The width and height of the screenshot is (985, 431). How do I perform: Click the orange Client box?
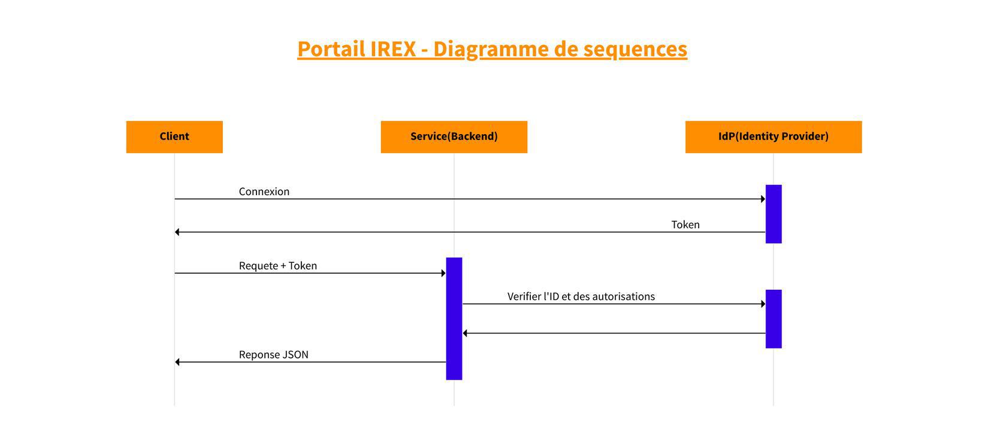coord(174,136)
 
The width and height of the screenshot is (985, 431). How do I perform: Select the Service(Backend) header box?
coord(454,136)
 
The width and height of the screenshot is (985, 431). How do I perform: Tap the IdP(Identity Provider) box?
coord(774,136)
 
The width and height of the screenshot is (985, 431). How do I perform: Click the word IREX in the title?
coord(392,48)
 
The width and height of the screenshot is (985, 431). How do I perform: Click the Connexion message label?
coord(264,192)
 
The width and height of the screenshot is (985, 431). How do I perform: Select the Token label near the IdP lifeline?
coord(685,224)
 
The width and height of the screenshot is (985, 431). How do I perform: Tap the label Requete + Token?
coord(278,266)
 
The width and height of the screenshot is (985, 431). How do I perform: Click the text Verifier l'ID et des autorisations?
coord(581,296)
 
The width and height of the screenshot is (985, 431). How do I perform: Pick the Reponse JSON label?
coord(274,354)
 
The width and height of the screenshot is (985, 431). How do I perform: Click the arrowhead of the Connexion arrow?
coord(763,199)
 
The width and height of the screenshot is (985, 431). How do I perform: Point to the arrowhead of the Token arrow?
coord(177,232)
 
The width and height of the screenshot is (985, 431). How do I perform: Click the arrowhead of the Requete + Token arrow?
coord(443,274)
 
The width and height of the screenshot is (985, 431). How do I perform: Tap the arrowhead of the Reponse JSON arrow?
coord(177,362)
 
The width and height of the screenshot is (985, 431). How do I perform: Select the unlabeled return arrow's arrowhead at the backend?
coord(465,333)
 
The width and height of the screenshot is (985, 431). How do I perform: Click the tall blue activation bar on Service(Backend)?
coord(454,318)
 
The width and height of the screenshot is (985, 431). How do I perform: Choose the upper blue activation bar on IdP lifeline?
coord(774,214)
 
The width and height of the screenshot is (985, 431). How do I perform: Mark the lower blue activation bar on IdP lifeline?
coord(774,319)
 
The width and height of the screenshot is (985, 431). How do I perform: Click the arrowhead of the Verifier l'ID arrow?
coord(763,304)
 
